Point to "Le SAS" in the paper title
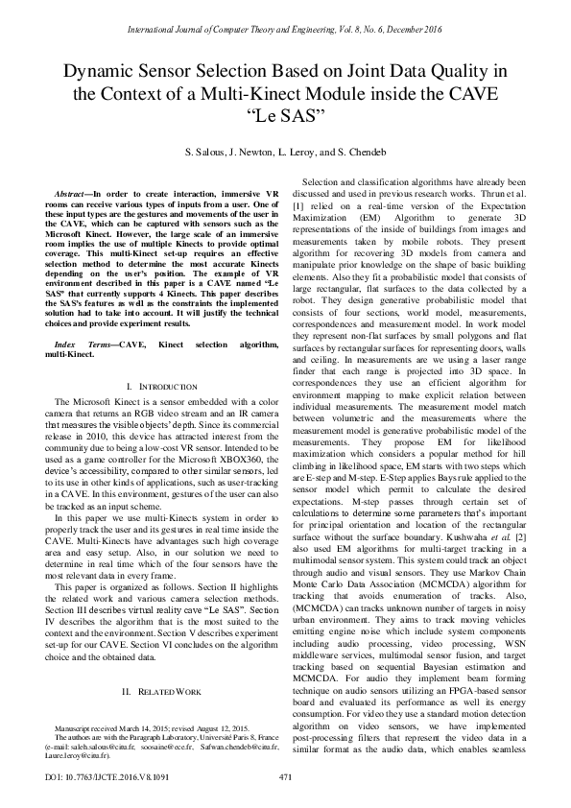point(285,116)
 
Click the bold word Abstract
point(73,194)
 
